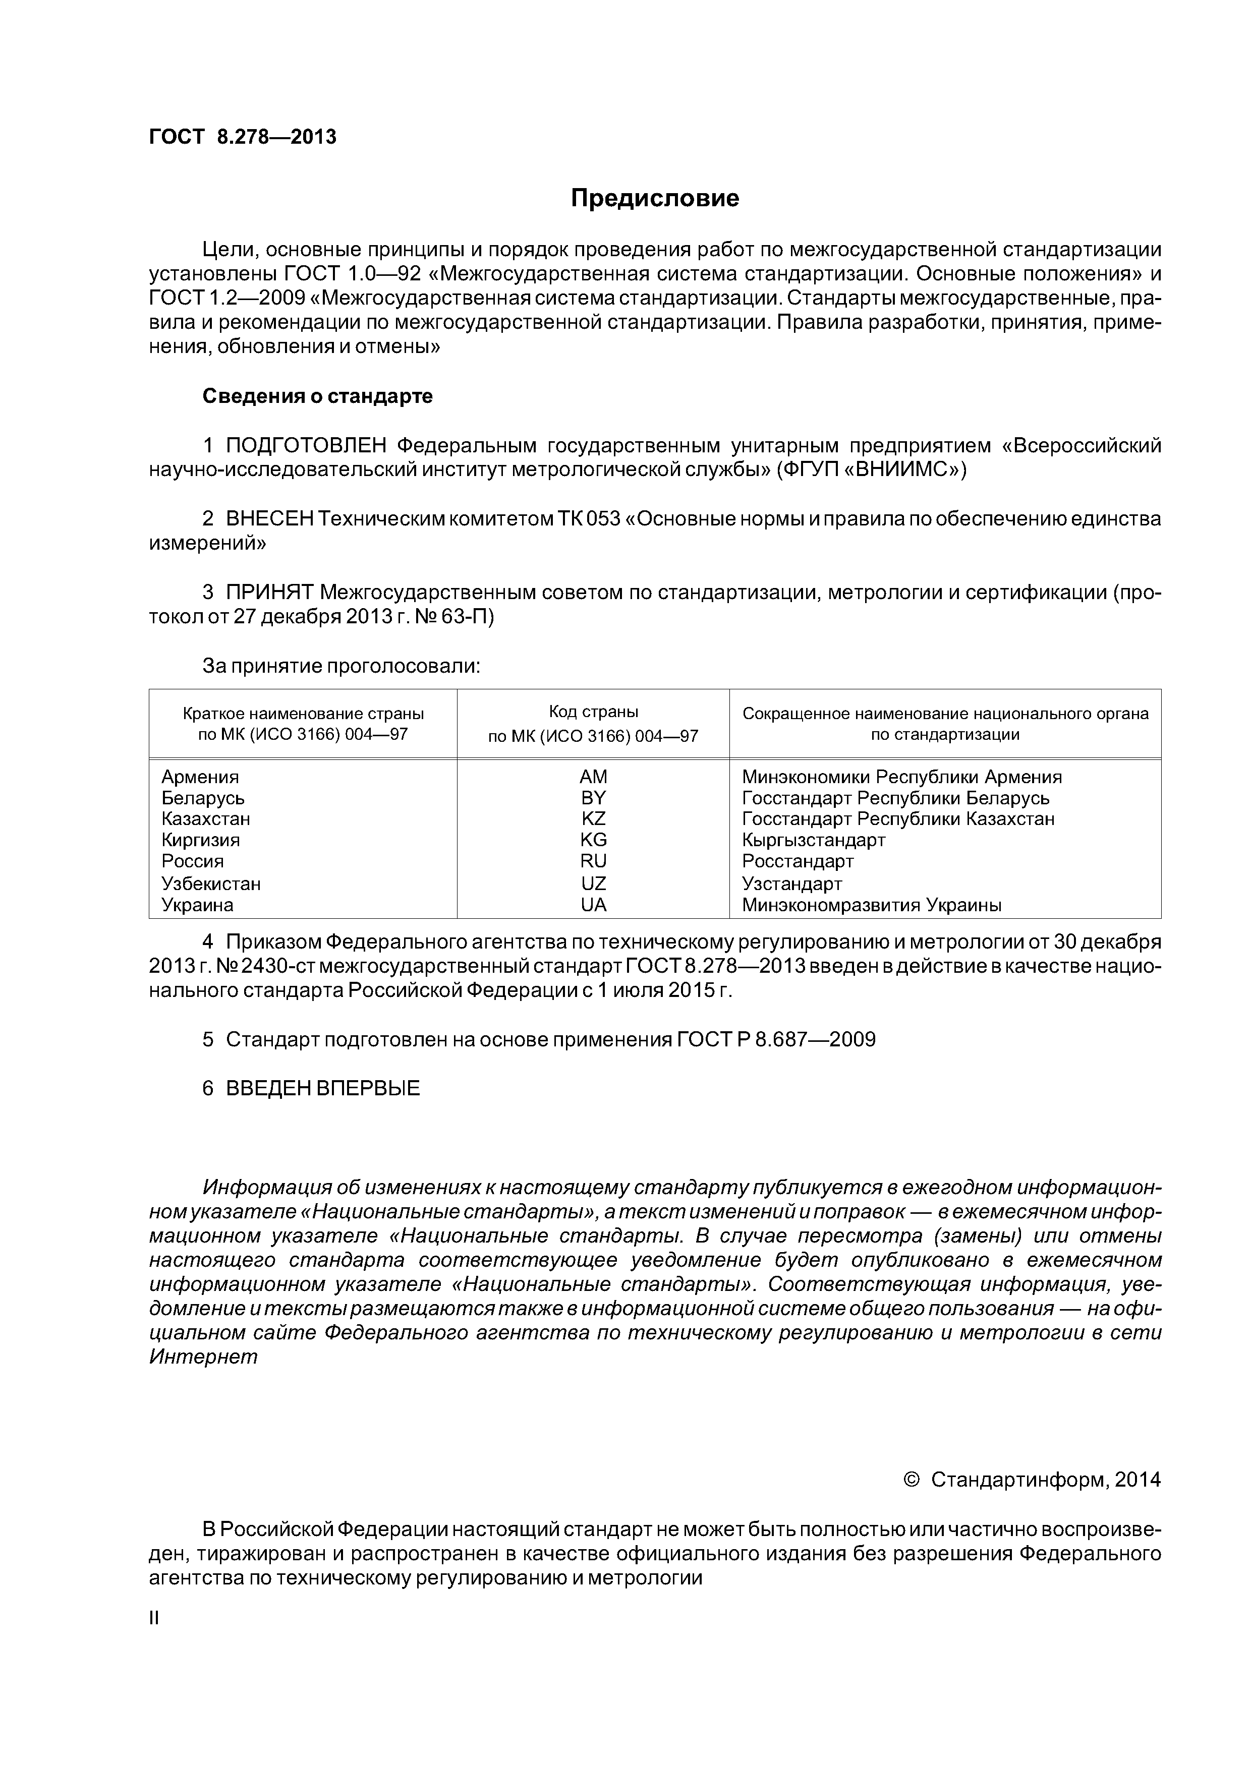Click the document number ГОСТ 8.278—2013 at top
(243, 137)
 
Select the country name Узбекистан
(211, 883)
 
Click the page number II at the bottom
(153, 1618)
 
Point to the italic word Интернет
(203, 1358)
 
